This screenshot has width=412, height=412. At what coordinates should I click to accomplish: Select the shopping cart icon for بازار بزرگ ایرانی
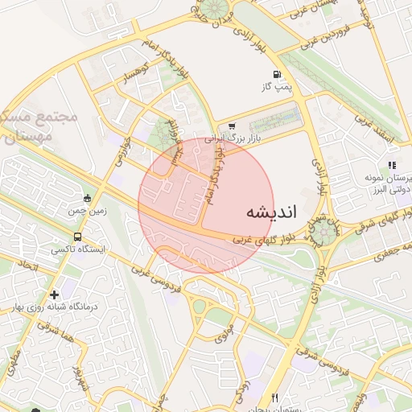(x=232, y=126)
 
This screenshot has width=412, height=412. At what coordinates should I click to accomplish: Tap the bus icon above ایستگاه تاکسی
(x=78, y=237)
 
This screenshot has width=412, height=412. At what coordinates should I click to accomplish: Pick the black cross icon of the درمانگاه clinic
(x=54, y=295)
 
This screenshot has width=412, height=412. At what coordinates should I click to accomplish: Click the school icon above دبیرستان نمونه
(x=392, y=166)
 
